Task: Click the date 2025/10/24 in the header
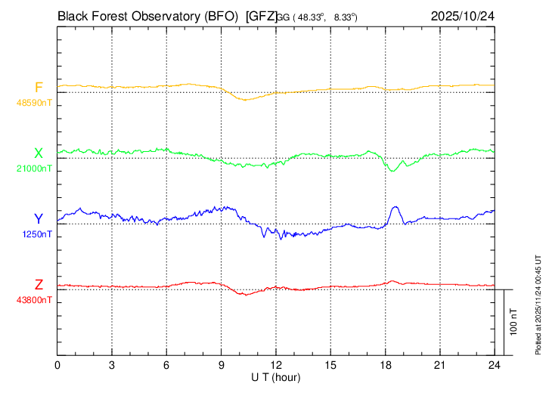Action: point(462,15)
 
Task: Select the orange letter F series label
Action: point(39,88)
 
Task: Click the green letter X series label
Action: point(39,153)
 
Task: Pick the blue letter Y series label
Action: point(39,219)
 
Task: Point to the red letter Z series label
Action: point(39,285)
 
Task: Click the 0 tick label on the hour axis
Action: point(57,364)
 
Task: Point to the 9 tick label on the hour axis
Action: point(222,364)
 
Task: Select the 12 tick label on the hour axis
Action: point(276,364)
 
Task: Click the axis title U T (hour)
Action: point(276,376)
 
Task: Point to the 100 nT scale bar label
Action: point(513,321)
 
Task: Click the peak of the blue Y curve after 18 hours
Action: point(395,206)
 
